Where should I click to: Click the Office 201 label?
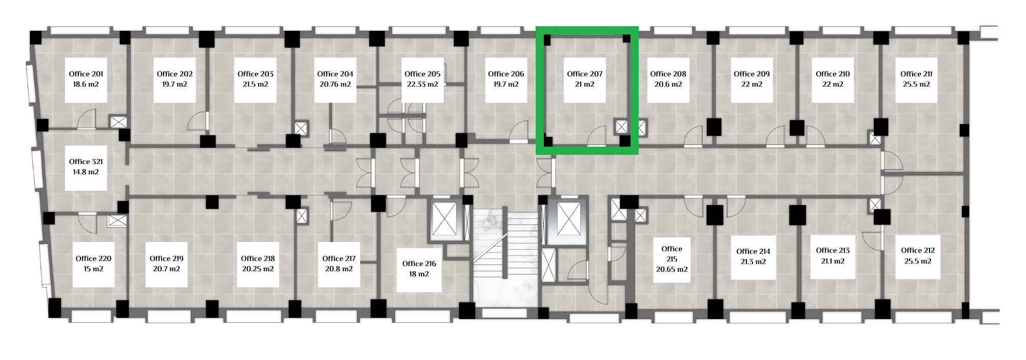tap(86, 74)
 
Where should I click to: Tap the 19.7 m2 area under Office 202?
tap(174, 84)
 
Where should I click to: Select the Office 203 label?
tap(255, 74)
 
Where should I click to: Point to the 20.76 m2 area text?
tap(335, 84)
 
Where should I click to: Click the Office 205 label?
tap(422, 74)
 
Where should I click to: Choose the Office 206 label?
tap(506, 74)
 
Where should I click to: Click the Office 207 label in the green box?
tap(585, 74)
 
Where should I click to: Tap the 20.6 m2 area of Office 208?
tap(668, 84)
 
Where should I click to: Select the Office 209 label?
tap(752, 74)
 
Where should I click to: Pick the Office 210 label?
tap(833, 74)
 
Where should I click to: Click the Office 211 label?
tap(916, 74)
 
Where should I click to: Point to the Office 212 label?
tap(918, 250)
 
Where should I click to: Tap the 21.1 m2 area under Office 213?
tap(833, 261)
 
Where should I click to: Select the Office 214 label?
tap(753, 251)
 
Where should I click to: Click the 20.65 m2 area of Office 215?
tap(672, 269)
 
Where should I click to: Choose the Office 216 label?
tap(419, 264)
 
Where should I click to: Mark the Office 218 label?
tap(258, 258)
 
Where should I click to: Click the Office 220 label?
tap(93, 258)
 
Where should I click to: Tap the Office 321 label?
tap(86, 162)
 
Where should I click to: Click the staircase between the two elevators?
tap(505, 256)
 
